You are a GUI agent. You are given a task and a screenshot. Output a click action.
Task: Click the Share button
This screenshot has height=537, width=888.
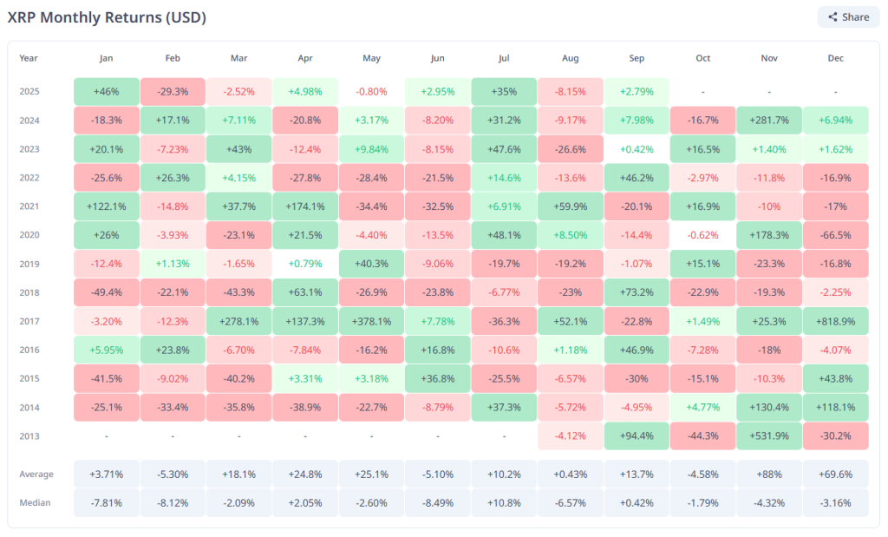click(x=848, y=17)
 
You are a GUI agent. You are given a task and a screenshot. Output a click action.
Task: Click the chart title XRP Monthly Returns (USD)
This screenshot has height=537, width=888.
click(x=107, y=17)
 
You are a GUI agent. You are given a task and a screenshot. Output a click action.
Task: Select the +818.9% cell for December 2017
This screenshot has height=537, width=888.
click(x=835, y=321)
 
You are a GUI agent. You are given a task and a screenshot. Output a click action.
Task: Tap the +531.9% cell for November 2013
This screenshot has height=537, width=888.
click(x=768, y=435)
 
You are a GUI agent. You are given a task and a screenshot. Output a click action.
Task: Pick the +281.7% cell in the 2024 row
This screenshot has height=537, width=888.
click(x=768, y=121)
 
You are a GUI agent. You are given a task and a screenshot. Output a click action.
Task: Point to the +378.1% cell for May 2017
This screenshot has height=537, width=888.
click(x=371, y=321)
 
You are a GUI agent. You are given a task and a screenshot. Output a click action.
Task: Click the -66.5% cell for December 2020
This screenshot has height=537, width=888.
click(x=835, y=235)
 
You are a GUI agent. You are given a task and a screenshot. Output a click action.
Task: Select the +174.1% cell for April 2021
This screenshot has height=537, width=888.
click(x=305, y=206)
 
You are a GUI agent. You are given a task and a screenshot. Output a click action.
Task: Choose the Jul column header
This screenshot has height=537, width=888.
click(x=504, y=58)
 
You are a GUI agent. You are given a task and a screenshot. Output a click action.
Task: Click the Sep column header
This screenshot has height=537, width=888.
click(x=637, y=58)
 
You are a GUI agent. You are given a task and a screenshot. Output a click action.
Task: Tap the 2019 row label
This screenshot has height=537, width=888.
click(x=29, y=264)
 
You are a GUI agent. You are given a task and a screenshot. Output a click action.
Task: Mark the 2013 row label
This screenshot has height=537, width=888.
click(x=29, y=435)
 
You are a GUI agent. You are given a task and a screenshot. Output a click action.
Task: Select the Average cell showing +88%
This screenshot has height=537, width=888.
click(x=768, y=474)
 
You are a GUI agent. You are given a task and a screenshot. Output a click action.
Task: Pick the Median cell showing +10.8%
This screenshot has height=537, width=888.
click(x=504, y=502)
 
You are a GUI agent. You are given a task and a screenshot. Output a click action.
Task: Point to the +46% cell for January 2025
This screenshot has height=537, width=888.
click(x=107, y=92)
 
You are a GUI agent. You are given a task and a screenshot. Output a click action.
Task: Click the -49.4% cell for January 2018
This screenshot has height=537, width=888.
click(x=107, y=292)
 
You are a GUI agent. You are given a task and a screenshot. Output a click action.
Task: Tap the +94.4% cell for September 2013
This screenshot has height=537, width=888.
click(x=637, y=435)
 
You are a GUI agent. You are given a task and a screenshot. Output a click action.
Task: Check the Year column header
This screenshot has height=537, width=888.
click(x=29, y=58)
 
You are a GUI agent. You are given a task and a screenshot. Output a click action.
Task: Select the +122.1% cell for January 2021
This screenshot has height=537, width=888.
click(x=107, y=206)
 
